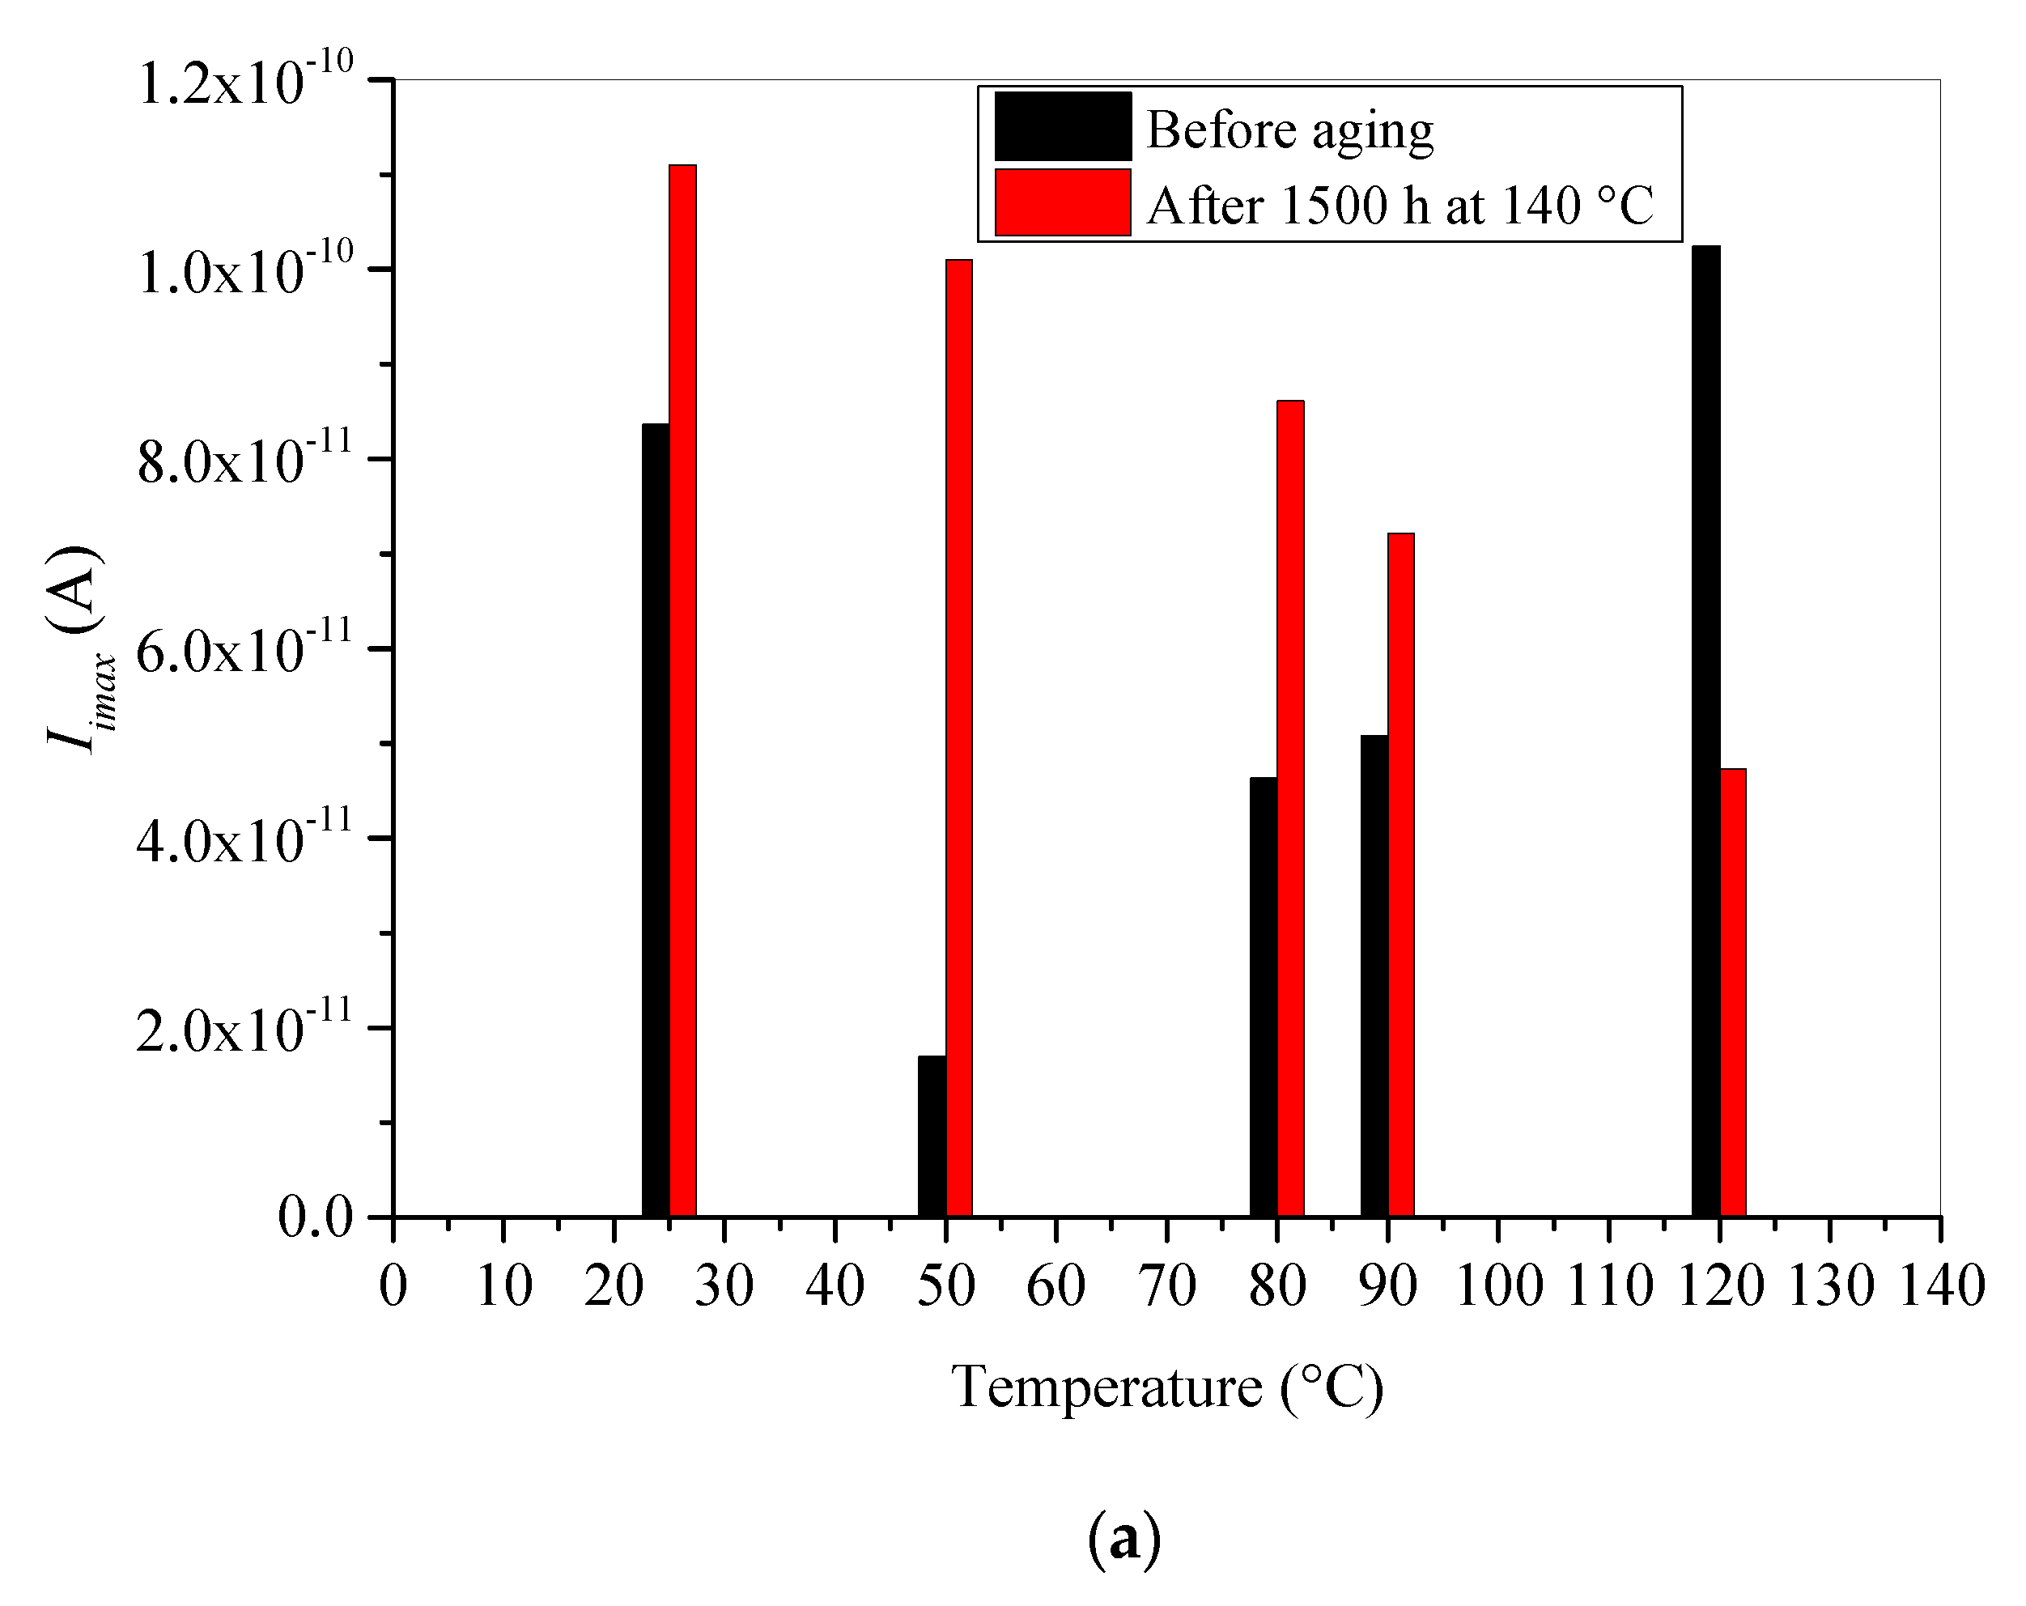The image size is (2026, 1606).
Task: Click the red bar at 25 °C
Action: click(x=682, y=690)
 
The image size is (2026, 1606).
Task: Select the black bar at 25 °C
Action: click(x=655, y=819)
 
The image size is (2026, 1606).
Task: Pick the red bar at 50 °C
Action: click(x=958, y=737)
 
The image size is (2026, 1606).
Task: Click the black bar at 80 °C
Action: click(x=1263, y=996)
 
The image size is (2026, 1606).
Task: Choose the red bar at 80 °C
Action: click(x=1290, y=808)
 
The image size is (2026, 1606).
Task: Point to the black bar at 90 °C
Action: click(x=1374, y=975)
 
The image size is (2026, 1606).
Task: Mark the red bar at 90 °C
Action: click(x=1400, y=874)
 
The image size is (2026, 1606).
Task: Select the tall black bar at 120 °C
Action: click(x=1705, y=731)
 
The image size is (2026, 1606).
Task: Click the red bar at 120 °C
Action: click(x=1733, y=992)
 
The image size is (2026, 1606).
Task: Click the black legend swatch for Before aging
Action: click(x=1063, y=127)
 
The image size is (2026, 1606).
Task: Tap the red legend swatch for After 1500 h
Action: click(x=1063, y=202)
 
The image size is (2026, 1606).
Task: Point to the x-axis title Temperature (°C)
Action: click(x=1167, y=1387)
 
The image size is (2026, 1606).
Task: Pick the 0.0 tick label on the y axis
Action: click(x=315, y=1218)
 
